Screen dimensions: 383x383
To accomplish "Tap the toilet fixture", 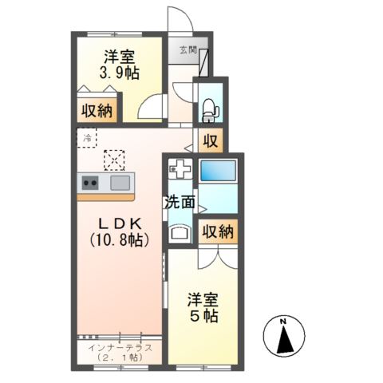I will (210, 109).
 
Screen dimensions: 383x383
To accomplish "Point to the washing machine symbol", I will (180, 169).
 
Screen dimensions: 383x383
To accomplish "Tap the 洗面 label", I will (180, 202).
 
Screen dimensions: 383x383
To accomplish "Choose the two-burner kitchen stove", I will (89, 183).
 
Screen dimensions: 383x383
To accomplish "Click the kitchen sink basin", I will (120, 184).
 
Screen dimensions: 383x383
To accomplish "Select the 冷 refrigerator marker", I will (87, 137).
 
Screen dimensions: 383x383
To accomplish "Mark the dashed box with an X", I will (116, 160).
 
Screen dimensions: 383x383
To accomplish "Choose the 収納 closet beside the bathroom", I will (217, 232).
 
